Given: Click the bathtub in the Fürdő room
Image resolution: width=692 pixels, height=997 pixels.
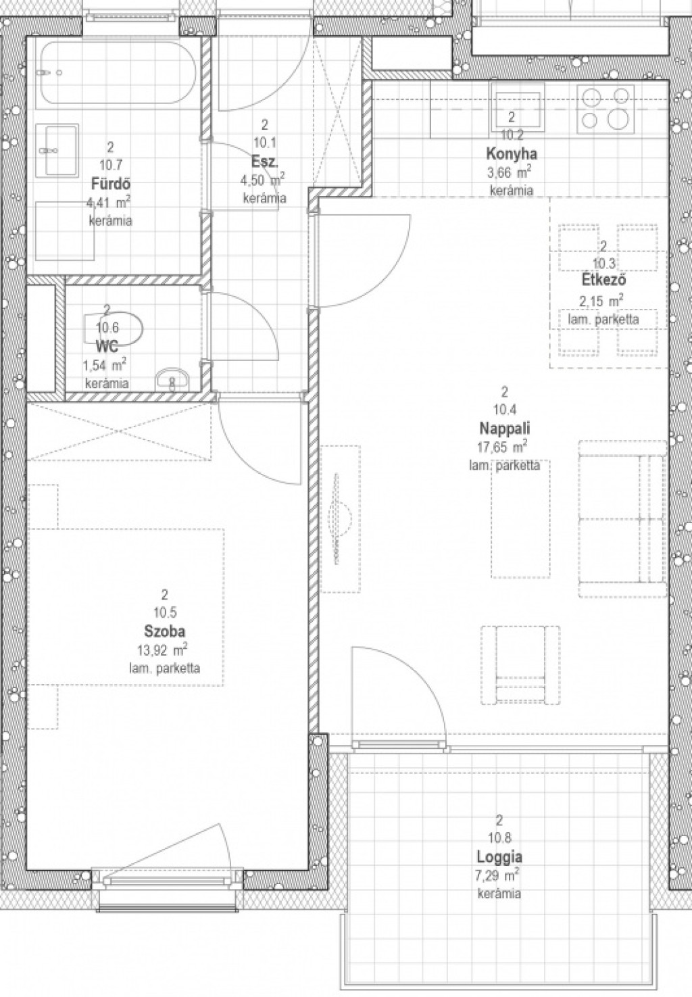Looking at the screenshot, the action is point(118,73).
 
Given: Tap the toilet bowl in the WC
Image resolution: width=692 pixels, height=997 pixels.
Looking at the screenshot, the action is point(114,330).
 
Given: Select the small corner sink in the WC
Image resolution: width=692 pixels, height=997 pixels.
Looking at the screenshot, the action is point(173,380).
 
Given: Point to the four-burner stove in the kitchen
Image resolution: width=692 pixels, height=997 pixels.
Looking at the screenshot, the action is point(605,110).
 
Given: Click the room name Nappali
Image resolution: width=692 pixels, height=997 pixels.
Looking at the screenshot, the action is point(505,428).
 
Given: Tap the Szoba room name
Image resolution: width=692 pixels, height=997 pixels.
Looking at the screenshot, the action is point(165,631).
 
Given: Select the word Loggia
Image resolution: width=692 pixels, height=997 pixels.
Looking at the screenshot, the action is point(499,857).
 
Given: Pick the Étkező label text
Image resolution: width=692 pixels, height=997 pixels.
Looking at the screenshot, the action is point(604,281).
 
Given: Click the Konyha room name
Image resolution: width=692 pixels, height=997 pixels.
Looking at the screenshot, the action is point(512,154).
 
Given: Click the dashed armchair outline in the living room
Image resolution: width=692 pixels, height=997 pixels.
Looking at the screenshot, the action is point(520,665).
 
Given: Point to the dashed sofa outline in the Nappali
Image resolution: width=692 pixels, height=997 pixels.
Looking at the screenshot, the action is point(622,518).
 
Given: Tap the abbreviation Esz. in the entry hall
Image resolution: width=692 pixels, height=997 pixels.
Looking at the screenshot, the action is point(265,162).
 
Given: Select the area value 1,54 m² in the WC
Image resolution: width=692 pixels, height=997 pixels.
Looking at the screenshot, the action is point(105,365).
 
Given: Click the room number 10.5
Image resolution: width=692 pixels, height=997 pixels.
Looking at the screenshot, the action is point(165,612).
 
